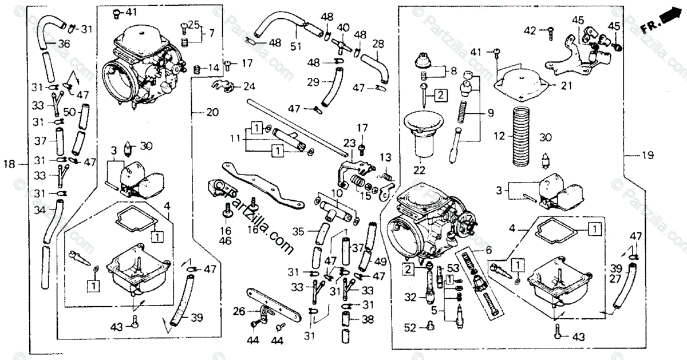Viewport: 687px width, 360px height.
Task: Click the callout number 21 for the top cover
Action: coord(566,86)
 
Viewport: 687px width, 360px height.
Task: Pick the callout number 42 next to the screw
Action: coord(531,30)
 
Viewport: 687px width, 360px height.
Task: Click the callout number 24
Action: coord(248,87)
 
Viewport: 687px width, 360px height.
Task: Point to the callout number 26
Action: coord(238,312)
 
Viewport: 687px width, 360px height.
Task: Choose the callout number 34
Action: coord(39,212)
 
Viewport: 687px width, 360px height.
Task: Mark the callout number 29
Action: coord(313,82)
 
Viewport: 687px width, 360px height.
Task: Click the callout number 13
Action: coord(385,157)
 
